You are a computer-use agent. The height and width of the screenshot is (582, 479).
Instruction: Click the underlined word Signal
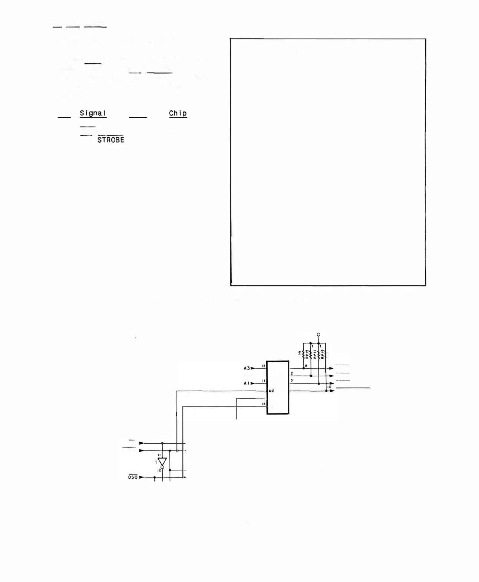tap(93, 113)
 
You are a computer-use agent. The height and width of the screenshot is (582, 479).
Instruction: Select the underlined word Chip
tap(178, 113)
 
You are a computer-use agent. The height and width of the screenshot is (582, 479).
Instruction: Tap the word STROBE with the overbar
tap(110, 140)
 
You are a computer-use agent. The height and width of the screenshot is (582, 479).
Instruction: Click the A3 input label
tap(247, 368)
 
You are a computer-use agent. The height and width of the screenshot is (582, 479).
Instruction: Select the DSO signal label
tap(133, 477)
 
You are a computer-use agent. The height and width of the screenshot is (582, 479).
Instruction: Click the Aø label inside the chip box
tap(271, 391)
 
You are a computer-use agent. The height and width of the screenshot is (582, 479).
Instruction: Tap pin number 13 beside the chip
tap(263, 366)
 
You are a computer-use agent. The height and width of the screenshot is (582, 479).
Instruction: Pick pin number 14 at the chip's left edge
tap(264, 404)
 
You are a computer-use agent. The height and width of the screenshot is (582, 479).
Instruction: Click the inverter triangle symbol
tap(162, 462)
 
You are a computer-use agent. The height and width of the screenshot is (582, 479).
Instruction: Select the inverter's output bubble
tap(162, 467)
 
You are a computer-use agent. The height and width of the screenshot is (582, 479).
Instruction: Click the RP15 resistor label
tap(307, 355)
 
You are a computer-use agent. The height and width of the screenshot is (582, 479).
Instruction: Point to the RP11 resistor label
tap(315, 355)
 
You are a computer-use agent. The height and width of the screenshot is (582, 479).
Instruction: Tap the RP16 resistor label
tap(323, 355)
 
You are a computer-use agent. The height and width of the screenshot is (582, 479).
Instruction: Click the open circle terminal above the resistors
tap(318, 335)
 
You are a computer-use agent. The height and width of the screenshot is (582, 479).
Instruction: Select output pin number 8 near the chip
tap(306, 366)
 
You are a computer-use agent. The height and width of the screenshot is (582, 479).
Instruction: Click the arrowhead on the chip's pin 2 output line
tap(331, 376)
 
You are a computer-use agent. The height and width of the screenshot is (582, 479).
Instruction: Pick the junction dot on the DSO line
tap(155, 478)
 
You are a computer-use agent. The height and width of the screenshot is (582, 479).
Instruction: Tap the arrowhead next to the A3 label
tap(253, 368)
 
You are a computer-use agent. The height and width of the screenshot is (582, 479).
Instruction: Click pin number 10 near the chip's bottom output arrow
tap(329, 387)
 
